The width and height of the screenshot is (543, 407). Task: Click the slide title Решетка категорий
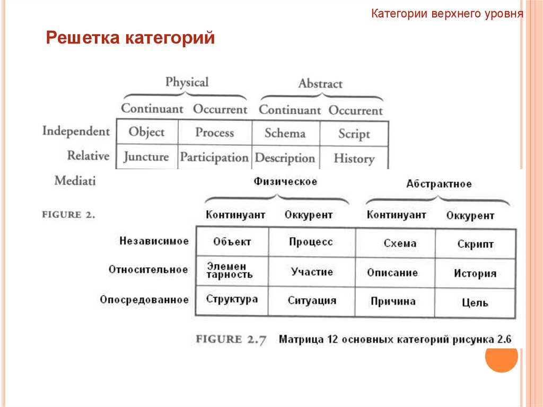130,38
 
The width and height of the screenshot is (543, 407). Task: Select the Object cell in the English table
146,132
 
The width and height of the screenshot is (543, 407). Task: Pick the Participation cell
214,158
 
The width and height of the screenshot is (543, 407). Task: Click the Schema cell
285,133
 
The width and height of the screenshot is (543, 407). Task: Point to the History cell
354,158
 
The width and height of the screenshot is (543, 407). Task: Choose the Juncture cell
146,157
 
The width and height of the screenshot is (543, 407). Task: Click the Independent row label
76,131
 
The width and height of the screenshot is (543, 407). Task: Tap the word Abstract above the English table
320,83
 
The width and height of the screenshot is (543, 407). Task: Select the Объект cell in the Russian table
232,242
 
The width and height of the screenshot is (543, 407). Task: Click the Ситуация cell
312,300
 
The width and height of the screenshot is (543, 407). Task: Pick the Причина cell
393,301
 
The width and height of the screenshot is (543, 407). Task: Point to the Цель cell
475,303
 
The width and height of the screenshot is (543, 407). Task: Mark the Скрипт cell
475,245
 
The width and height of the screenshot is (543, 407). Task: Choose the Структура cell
232,299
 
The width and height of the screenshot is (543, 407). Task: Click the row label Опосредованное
144,300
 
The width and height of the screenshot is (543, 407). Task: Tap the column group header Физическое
285,181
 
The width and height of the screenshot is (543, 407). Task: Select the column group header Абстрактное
439,184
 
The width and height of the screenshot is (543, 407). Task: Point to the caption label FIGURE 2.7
232,339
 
